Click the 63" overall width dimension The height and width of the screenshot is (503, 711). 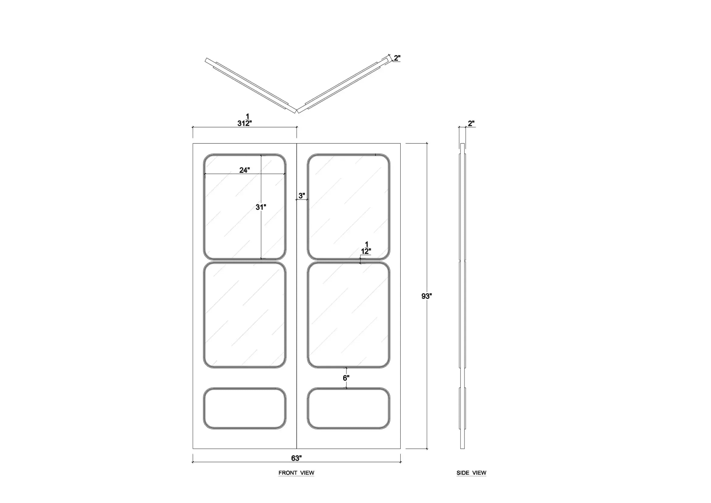coord(296,458)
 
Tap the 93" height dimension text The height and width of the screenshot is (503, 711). coord(426,296)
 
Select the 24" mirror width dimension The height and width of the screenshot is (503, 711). coord(244,170)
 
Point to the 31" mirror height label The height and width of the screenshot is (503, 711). coord(261,207)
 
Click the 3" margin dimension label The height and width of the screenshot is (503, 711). coord(302,196)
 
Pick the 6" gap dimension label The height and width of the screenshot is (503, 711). coord(346,378)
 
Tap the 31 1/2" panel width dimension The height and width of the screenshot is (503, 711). coord(244,120)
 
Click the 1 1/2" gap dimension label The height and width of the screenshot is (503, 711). coord(366,248)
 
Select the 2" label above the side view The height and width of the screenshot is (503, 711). coord(471,123)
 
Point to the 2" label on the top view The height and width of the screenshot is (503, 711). coord(397,58)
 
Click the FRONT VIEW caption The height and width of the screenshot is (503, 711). coord(296,473)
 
